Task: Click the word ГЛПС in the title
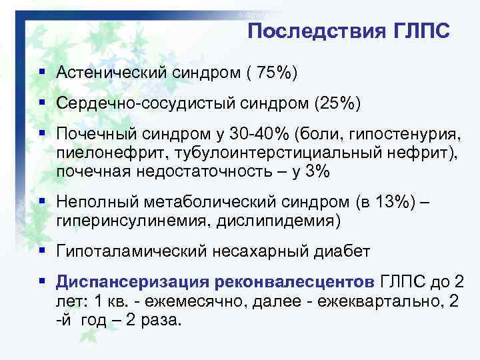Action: pyautogui.click(x=420, y=31)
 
